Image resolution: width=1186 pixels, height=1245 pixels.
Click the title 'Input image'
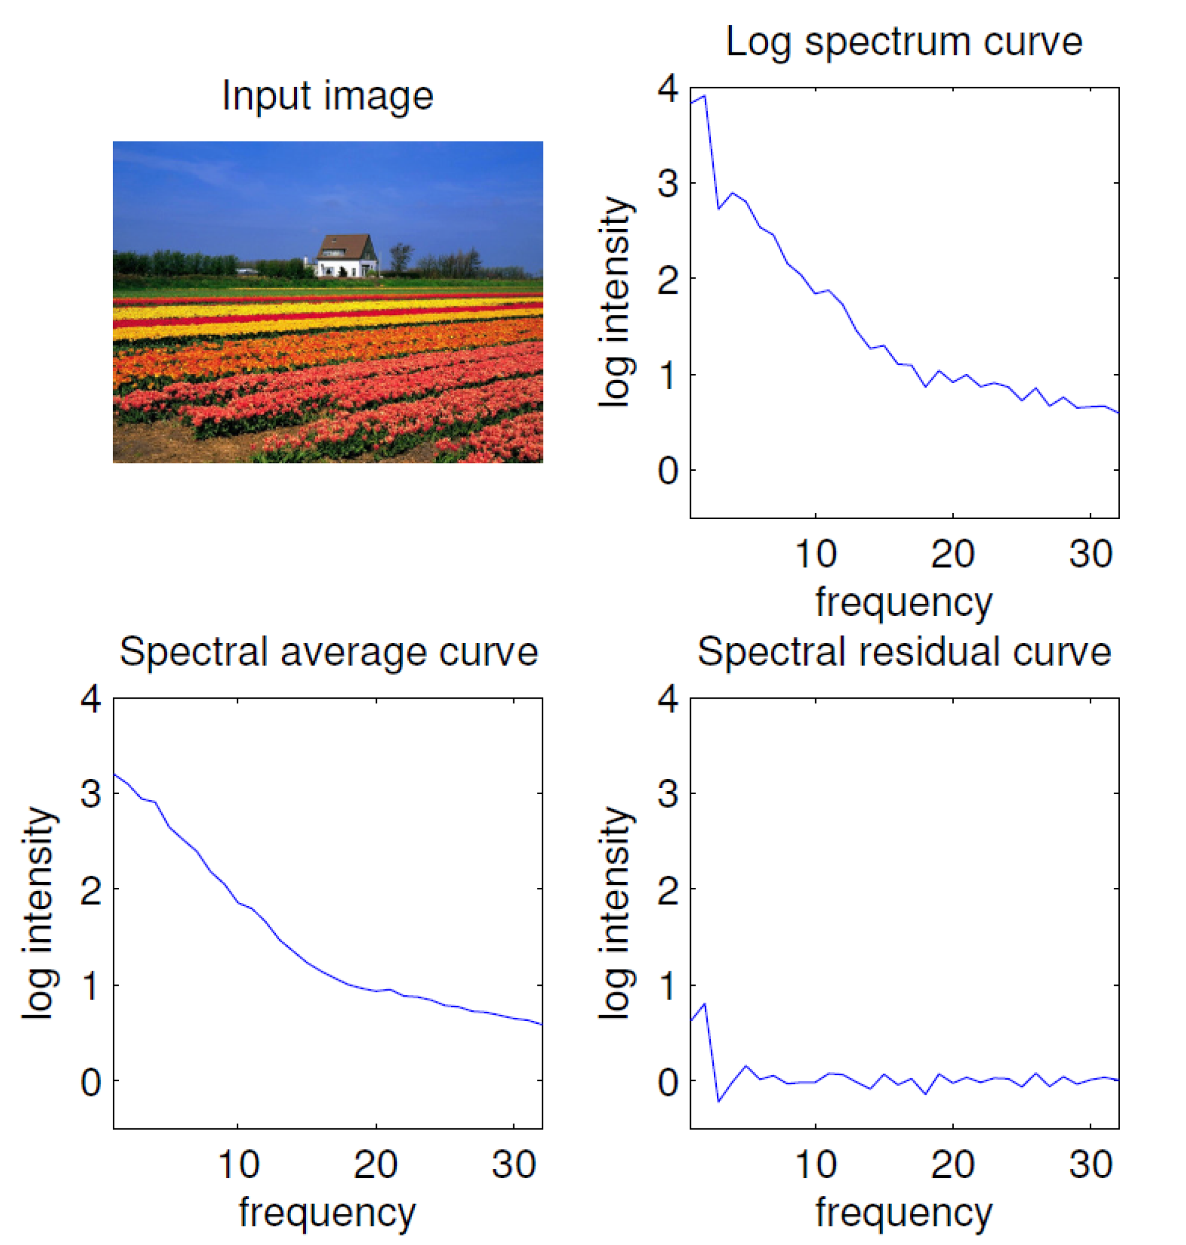point(327,96)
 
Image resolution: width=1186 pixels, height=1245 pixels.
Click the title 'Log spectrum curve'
point(904,42)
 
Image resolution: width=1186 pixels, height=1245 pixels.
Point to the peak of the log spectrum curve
point(704,96)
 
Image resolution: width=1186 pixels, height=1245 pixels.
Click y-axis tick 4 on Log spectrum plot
point(668,89)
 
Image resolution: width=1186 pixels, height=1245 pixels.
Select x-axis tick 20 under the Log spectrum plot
point(953,554)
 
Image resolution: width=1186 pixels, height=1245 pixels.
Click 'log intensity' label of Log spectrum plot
point(615,302)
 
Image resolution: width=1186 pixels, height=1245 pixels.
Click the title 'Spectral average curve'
point(329,652)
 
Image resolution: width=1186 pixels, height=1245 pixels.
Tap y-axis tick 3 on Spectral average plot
point(91,793)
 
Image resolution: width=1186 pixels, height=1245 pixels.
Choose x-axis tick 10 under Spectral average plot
point(238,1165)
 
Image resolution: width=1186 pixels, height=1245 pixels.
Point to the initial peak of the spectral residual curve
point(704,1003)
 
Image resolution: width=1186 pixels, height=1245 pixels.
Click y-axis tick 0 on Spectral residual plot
point(668,1081)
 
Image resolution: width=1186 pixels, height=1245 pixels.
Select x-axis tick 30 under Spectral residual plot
point(1091,1165)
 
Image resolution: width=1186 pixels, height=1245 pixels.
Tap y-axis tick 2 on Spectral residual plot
point(668,889)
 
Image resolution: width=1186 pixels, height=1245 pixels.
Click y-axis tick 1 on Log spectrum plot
point(668,375)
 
